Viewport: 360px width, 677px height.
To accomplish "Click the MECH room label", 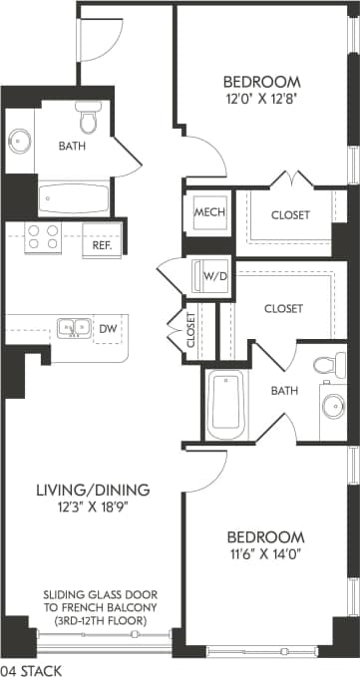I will [208, 213].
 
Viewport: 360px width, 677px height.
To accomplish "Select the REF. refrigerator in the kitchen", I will [102, 244].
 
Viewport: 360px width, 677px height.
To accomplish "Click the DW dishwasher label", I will [107, 327].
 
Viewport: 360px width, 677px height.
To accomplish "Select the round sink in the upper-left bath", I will [21, 141].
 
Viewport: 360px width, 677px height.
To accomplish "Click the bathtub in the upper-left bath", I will [74, 197].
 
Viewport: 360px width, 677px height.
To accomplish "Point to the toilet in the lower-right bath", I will [327, 365].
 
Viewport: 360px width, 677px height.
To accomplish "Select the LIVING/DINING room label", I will [93, 490].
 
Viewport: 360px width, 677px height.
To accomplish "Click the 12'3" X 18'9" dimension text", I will [93, 508].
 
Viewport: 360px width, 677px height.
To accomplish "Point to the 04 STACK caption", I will [31, 670].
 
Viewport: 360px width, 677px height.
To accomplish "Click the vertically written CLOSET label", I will [191, 330].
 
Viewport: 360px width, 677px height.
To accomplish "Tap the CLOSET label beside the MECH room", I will [289, 214].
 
